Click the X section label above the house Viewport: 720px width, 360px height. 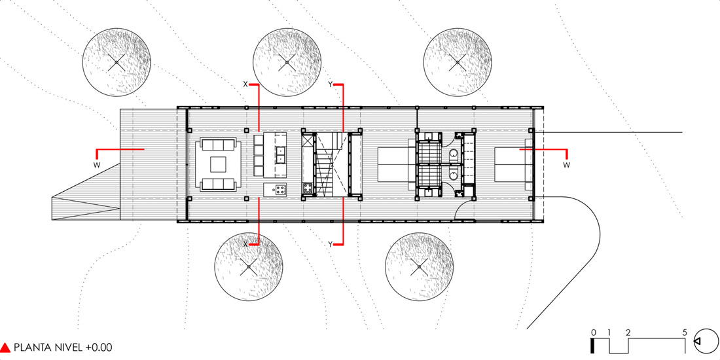[245, 84]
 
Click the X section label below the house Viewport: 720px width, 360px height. [245, 243]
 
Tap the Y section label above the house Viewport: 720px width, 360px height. [331, 84]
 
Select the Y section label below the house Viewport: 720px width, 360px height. [331, 243]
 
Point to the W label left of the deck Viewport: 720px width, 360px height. [96, 164]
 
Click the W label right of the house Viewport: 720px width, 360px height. [567, 164]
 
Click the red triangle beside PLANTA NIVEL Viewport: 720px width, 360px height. [6, 348]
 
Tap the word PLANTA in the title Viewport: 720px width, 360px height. [32, 348]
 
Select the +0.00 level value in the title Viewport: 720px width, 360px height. [99, 348]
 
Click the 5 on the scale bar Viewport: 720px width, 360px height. [685, 332]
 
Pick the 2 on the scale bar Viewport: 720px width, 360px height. [628, 332]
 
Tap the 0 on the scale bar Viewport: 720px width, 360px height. [592, 332]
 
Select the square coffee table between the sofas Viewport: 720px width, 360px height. [219, 164]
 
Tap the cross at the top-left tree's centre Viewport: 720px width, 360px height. [116, 63]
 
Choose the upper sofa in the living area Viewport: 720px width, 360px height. [219, 145]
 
